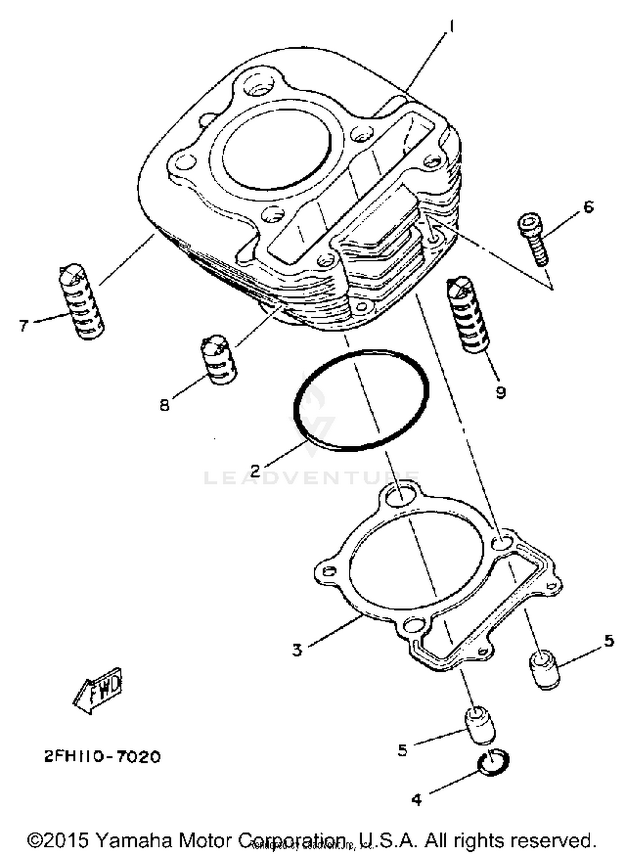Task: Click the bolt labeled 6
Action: [534, 239]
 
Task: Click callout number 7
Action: [24, 325]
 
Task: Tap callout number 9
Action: [500, 392]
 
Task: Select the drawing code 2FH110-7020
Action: [102, 756]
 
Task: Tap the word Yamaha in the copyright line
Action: [133, 840]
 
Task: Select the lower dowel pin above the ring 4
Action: [480, 725]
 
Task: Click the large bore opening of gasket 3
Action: [417, 561]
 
